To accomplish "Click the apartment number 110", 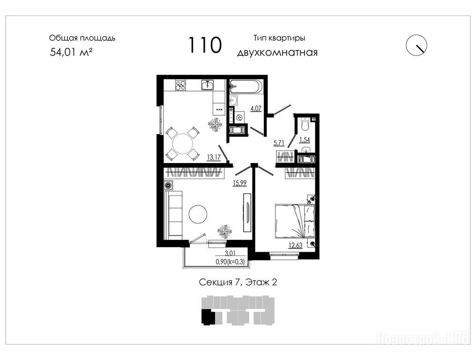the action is click(x=205, y=45).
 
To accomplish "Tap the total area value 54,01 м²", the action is click(x=71, y=52).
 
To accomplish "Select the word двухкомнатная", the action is click(x=277, y=52).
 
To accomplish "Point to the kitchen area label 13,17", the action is click(x=214, y=157).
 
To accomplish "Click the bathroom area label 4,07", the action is click(x=256, y=108).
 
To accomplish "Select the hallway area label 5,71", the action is click(x=279, y=143).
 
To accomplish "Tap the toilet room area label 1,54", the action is click(x=305, y=140).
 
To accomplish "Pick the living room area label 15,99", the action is click(x=239, y=183).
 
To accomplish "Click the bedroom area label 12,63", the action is click(x=295, y=245).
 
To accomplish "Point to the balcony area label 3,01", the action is click(x=230, y=253).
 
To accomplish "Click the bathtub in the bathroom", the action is click(x=246, y=86).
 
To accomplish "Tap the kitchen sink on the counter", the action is click(x=208, y=85).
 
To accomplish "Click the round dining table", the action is click(x=182, y=144).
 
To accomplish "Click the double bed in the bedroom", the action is click(x=295, y=221).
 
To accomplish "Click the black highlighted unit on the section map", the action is click(x=208, y=317).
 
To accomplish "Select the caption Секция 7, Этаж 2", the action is click(x=238, y=282).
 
